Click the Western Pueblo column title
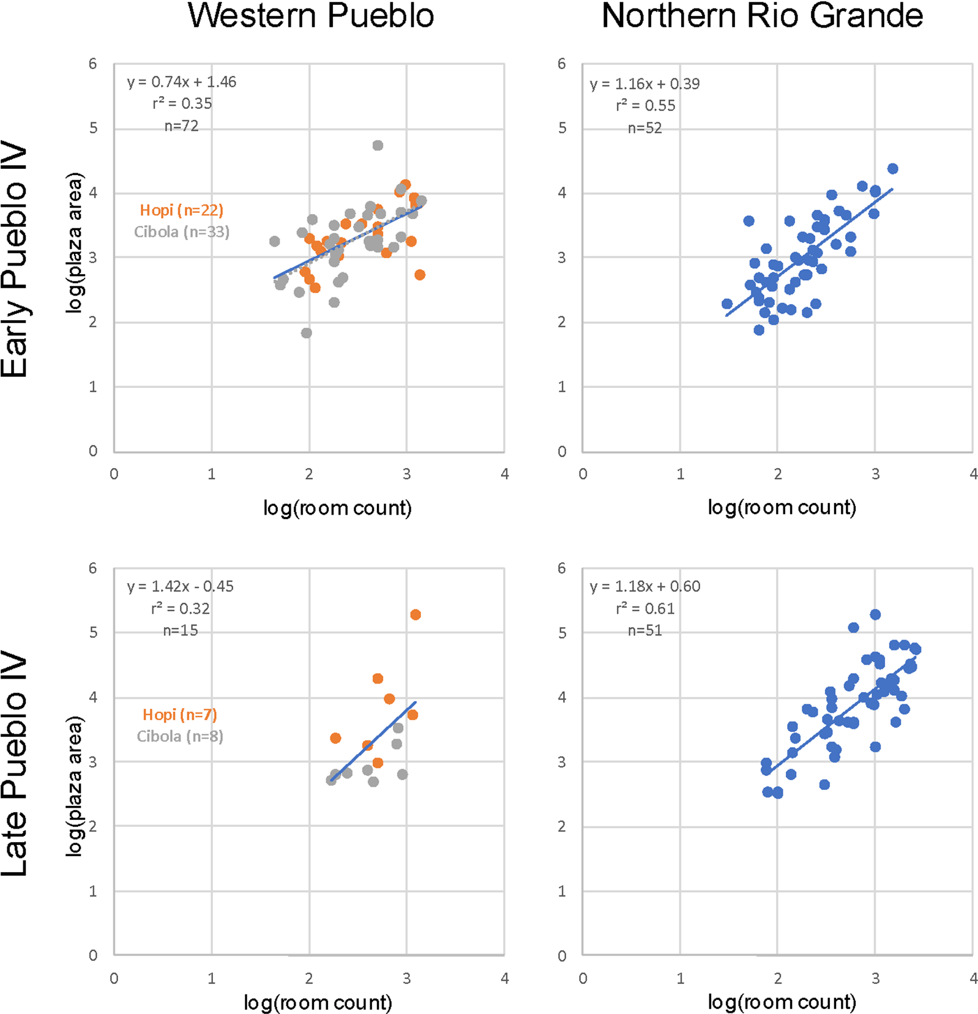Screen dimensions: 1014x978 coord(311,16)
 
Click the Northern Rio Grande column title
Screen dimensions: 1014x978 coord(762,16)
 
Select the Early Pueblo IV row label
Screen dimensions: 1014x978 coord(15,259)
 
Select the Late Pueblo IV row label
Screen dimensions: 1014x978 coord(15,764)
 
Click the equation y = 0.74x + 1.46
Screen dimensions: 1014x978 coord(181,82)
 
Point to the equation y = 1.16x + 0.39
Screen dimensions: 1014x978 coord(644,84)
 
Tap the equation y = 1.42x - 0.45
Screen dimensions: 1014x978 coord(180,586)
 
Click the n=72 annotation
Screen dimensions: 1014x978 coord(181,126)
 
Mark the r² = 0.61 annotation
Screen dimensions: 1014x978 coord(644,608)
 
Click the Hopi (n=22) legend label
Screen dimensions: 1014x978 coord(181,210)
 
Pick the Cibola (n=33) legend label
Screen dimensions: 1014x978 coord(181,232)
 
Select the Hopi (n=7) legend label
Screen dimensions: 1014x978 coord(179,714)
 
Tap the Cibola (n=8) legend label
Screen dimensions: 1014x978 coord(179,736)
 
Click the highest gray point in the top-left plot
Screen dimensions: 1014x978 coord(378,146)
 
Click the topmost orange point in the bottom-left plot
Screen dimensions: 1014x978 coord(416,614)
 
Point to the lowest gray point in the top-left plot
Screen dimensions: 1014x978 coord(307,333)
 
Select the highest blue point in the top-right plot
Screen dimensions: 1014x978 coord(892,169)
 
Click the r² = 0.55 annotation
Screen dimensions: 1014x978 coord(645,106)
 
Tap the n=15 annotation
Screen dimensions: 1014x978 coord(180,630)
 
